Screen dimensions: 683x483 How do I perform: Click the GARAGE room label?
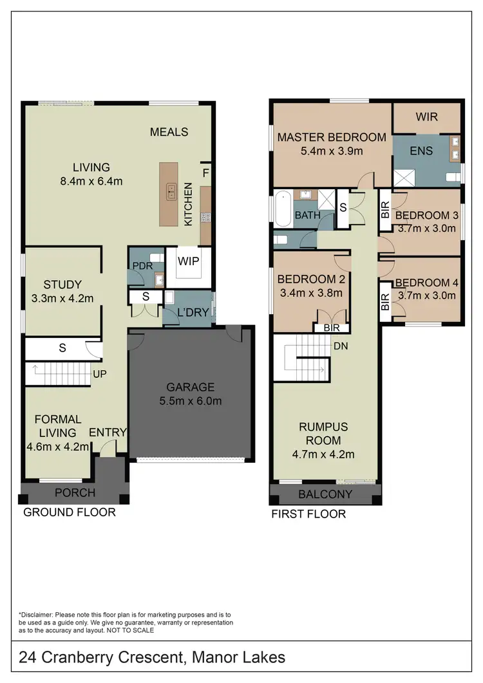pyautogui.click(x=190, y=387)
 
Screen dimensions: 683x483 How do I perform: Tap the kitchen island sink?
pyautogui.click(x=171, y=191)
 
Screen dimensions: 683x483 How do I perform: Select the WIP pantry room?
pyautogui.click(x=187, y=262)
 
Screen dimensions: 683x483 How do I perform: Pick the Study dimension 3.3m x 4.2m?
pyautogui.click(x=62, y=298)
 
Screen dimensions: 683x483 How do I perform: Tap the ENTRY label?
pyautogui.click(x=108, y=432)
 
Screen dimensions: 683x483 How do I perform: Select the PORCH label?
pyautogui.click(x=74, y=492)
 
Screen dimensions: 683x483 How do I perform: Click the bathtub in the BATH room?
pyautogui.click(x=281, y=209)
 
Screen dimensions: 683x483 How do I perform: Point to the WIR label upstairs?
pyautogui.click(x=426, y=117)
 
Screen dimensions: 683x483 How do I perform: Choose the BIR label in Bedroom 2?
pyautogui.click(x=332, y=328)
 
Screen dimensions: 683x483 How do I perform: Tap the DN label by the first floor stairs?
pyautogui.click(x=341, y=346)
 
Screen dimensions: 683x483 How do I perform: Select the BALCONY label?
pyautogui.click(x=325, y=494)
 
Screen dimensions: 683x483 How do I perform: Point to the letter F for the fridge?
pyautogui.click(x=205, y=173)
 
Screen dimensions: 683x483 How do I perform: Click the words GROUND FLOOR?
pyautogui.click(x=70, y=512)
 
